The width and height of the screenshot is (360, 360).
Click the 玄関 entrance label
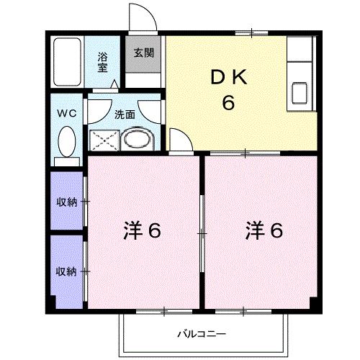(143, 53)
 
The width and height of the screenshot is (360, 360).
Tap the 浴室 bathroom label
(103, 62)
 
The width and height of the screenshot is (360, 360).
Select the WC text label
(67, 113)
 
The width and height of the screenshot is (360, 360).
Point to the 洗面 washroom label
(125, 113)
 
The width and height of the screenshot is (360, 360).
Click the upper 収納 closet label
(67, 202)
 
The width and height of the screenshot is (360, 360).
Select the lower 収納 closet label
(67, 271)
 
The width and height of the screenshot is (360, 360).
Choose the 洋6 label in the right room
(263, 231)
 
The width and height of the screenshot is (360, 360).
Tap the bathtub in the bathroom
(68, 63)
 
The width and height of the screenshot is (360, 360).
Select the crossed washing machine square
(103, 140)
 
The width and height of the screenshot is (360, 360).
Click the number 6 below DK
(228, 103)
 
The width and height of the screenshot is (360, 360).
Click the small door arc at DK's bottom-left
(179, 138)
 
